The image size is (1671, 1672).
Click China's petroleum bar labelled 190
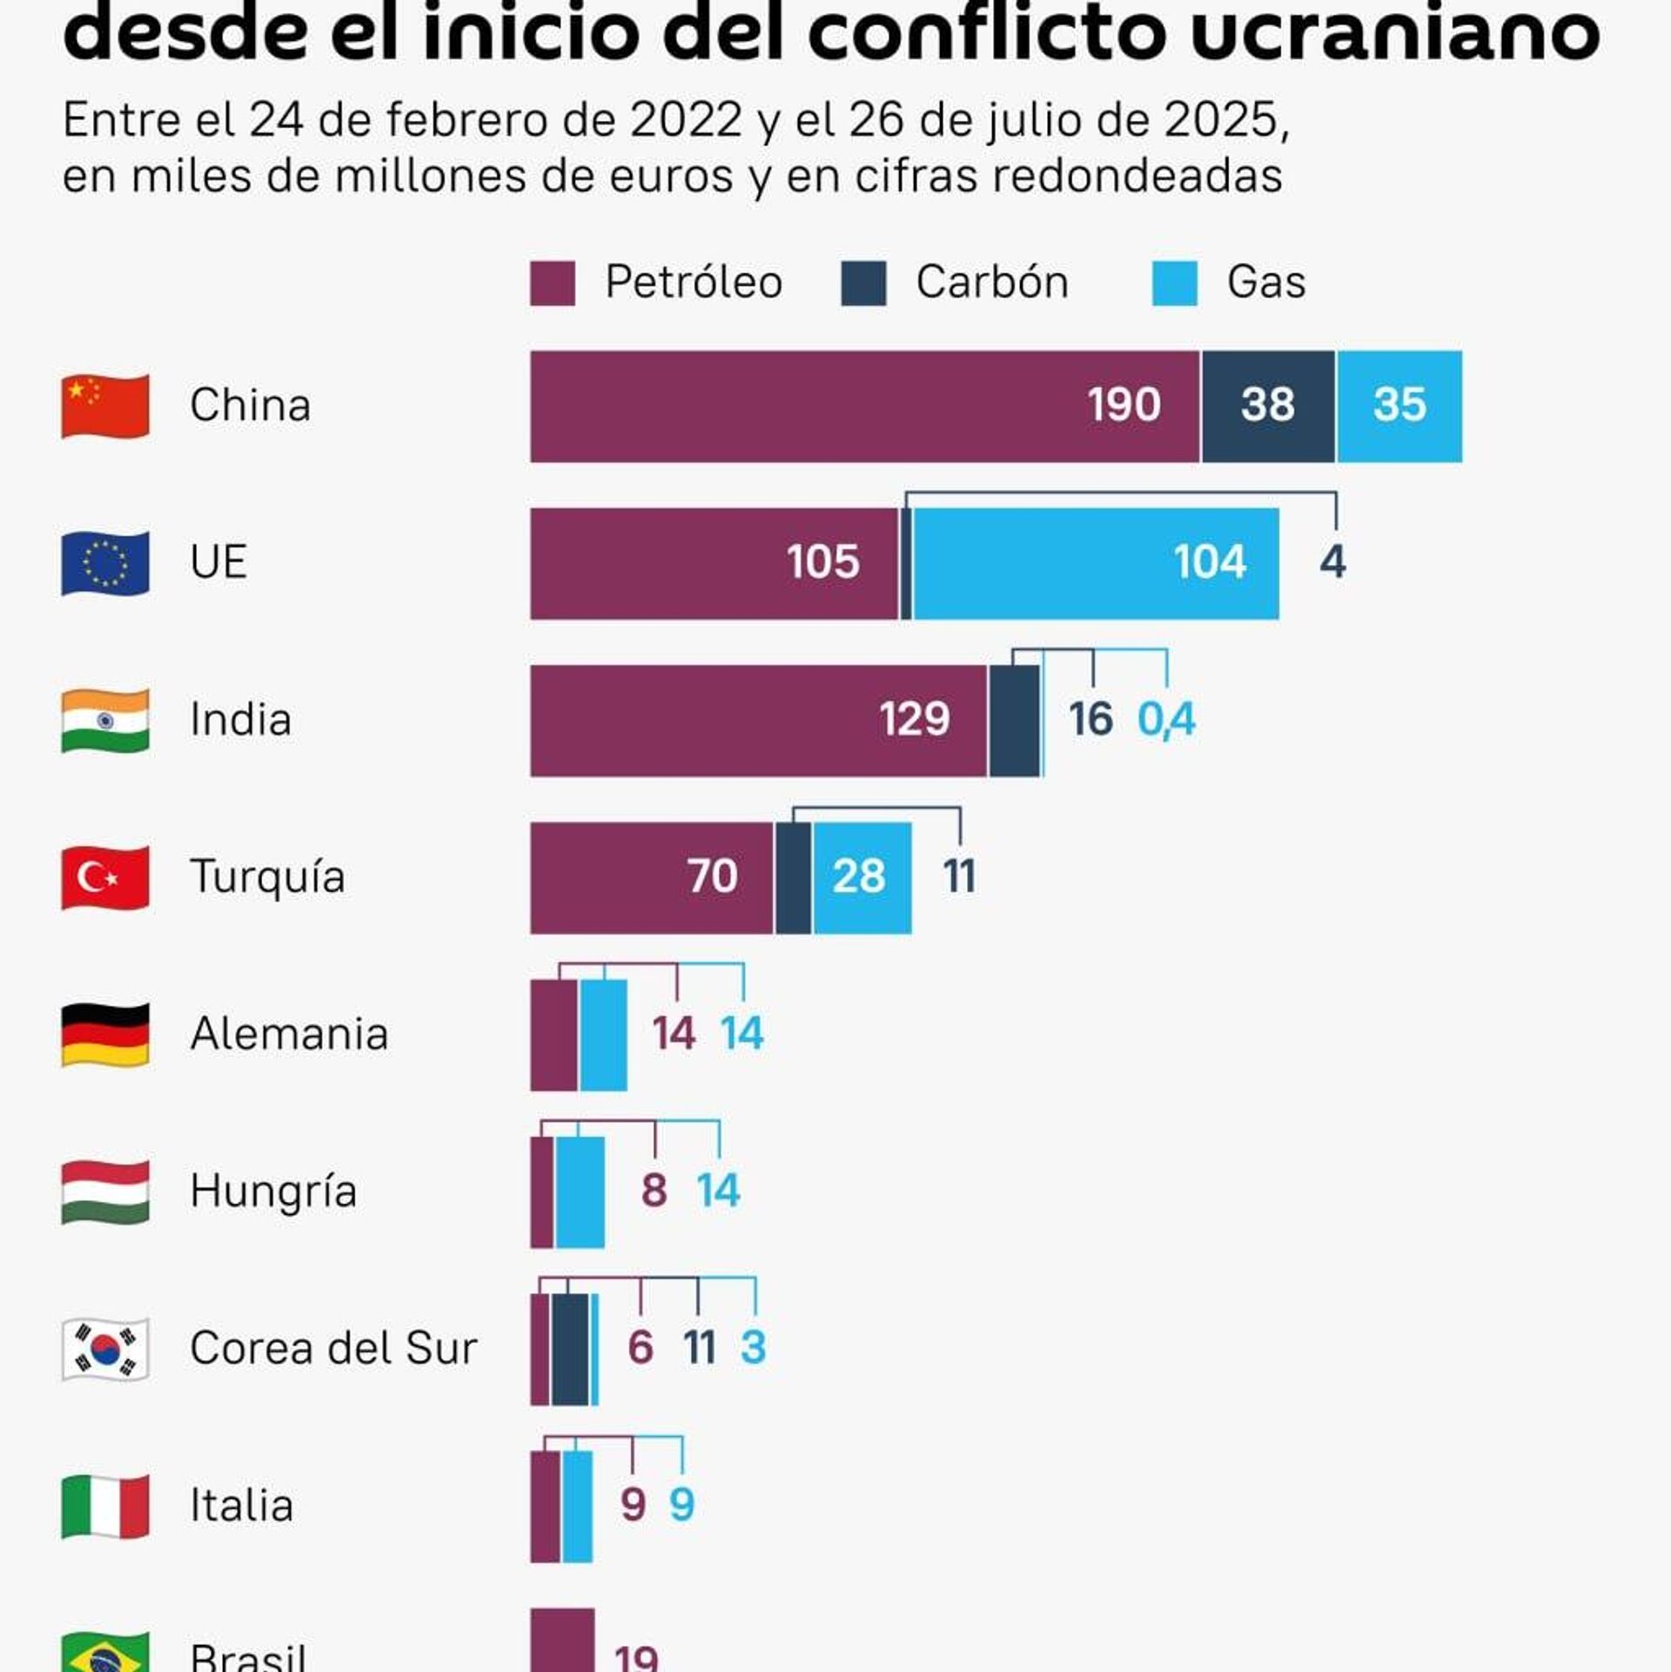point(864,406)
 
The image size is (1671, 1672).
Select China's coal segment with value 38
point(1267,406)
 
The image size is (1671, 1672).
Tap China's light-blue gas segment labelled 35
point(1399,406)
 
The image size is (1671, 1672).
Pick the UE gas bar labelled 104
point(1096,563)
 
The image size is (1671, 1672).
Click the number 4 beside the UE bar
point(1332,562)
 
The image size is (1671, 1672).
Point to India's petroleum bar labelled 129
point(758,721)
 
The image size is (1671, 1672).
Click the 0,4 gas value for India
point(1166,720)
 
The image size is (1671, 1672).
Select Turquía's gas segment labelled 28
point(861,877)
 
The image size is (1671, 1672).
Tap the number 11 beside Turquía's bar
point(959,876)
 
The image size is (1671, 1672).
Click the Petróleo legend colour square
point(552,284)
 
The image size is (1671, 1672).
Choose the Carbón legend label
point(991,283)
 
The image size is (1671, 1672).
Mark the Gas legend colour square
point(1174,284)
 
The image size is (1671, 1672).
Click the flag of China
point(105,406)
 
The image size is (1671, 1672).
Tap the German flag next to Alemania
point(105,1035)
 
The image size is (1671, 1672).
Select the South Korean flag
point(105,1350)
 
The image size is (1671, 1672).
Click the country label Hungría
point(273,1192)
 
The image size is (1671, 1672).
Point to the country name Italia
point(241,1506)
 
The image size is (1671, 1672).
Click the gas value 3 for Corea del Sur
point(753,1348)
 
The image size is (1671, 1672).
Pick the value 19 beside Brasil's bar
point(636,1657)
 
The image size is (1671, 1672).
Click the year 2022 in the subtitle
point(685,120)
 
